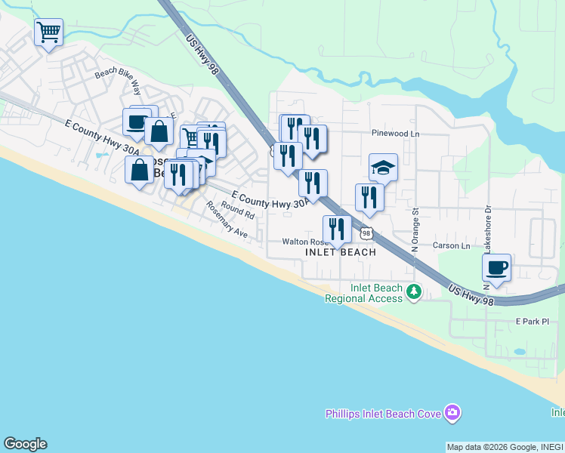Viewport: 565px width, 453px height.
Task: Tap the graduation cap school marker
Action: [383, 167]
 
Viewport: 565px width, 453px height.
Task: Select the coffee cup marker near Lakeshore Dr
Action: [496, 267]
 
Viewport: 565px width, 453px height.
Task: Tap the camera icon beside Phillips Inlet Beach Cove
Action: [452, 412]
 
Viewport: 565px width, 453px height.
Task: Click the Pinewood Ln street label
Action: [395, 134]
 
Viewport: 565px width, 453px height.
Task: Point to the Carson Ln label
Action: [452, 246]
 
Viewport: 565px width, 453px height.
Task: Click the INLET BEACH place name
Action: [340, 252]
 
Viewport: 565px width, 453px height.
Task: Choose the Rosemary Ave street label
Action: [227, 222]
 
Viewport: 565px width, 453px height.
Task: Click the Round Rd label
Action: [238, 209]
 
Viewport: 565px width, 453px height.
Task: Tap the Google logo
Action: [25, 444]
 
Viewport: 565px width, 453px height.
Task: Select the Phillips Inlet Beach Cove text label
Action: [384, 414]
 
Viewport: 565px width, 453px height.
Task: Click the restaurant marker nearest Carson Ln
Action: [336, 229]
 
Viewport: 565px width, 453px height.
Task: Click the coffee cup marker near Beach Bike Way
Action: [136, 122]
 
